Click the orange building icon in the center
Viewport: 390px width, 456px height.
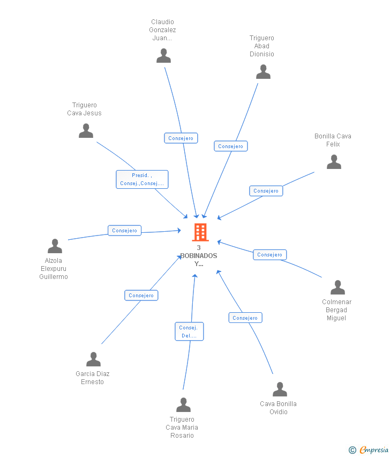tap(200, 232)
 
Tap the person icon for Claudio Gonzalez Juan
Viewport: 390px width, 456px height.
tap(163, 56)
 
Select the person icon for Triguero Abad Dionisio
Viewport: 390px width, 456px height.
tap(263, 72)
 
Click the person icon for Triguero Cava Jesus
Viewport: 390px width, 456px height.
tap(86, 131)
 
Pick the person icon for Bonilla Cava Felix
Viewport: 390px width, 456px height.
tap(334, 162)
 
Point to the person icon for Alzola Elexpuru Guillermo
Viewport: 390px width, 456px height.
tap(55, 246)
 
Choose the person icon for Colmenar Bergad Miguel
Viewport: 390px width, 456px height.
tap(337, 288)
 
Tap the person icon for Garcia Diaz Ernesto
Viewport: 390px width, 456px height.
tap(93, 359)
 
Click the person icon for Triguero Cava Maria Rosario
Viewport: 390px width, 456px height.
tap(183, 405)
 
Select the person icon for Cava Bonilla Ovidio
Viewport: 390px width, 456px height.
tap(280, 389)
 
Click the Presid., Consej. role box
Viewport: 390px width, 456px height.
tap(142, 179)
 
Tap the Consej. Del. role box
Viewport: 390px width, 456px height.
tap(189, 332)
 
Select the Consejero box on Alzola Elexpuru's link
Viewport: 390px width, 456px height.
tap(125, 231)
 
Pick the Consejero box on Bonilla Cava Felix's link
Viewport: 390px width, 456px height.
tap(266, 191)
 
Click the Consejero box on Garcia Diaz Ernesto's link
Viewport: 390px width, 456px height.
tap(141, 296)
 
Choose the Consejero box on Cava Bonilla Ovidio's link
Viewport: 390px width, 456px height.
tap(245, 318)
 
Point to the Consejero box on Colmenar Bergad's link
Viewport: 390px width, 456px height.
tap(269, 255)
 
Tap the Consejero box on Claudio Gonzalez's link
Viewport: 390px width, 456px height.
tap(181, 138)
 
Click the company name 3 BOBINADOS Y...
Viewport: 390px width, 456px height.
tap(199, 256)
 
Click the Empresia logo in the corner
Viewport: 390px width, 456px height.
tap(369, 450)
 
